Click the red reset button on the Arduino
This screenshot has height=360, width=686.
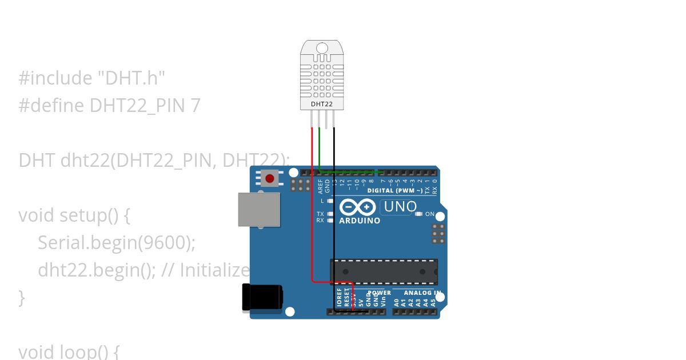[269, 179]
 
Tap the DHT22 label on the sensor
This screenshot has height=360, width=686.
[322, 104]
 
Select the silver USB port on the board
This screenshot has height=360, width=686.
[259, 210]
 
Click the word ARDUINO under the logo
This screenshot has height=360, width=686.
[360, 221]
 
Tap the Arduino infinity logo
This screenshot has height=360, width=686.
[358, 207]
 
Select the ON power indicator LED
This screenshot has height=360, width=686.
[418, 214]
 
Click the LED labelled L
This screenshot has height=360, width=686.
[330, 201]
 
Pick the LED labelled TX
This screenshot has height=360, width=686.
[330, 214]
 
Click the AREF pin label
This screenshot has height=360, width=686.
[321, 185]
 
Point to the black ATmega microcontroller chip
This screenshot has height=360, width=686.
[384, 271]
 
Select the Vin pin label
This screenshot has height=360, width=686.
[383, 300]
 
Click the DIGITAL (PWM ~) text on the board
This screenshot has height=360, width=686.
[395, 190]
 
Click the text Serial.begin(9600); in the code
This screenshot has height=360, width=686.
[117, 242]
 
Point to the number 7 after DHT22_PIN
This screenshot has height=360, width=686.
[196, 105]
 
